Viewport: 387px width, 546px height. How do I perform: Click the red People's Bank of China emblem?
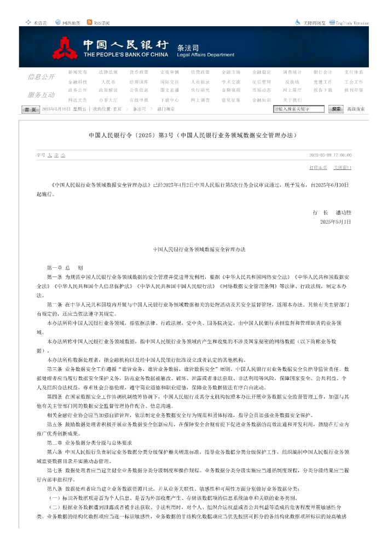[x=66, y=49]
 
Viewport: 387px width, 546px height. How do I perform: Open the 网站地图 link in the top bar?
[x=71, y=23]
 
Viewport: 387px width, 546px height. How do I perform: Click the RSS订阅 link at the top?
[x=102, y=23]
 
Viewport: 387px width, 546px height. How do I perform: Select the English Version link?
[x=352, y=23]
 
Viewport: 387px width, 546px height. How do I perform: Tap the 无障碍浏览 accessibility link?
[x=314, y=23]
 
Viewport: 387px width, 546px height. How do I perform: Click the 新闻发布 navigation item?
[x=77, y=72]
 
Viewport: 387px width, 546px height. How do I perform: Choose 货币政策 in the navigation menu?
[x=138, y=72]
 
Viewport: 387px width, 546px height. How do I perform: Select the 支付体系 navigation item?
[x=354, y=72]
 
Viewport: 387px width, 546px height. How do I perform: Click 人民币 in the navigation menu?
[x=108, y=81]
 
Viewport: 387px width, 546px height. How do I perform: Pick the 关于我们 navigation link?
[x=292, y=100]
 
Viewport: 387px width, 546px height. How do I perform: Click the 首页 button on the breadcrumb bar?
[x=31, y=109]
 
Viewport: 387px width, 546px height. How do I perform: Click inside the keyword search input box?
[x=299, y=109]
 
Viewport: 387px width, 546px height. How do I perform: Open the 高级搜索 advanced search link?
[x=356, y=109]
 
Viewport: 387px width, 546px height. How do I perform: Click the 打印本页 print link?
[x=318, y=167]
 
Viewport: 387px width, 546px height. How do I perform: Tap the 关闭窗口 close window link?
[x=343, y=167]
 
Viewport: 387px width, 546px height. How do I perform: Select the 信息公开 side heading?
[x=41, y=77]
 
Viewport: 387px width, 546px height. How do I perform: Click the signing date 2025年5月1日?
[x=336, y=221]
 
